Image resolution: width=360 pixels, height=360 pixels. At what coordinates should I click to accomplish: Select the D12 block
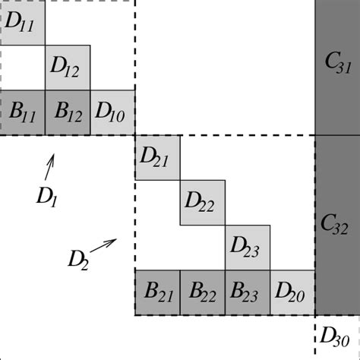coord(68,68)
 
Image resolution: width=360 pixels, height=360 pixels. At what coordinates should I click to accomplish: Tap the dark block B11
coord(22,113)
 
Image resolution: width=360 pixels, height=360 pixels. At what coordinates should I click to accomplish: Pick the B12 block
coord(68,113)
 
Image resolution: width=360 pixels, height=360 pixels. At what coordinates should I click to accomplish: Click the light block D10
coord(112,113)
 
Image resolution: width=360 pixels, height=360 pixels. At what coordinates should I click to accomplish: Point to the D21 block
coord(157,158)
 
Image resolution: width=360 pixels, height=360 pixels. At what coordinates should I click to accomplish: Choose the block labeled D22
coord(203,203)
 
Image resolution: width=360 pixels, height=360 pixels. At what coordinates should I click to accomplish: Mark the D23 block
coord(248,248)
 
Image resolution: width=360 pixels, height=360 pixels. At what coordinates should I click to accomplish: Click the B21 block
coord(157,292)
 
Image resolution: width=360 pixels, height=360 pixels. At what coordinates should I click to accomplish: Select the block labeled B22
coord(203,292)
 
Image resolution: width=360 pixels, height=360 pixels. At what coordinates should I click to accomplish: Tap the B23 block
coord(248,292)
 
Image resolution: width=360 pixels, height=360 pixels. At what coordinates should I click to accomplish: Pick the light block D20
coord(292,292)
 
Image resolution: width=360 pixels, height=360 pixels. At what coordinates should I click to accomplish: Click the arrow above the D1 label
coord(51,163)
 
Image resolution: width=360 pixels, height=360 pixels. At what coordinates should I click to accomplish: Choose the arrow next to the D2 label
coord(104,245)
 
